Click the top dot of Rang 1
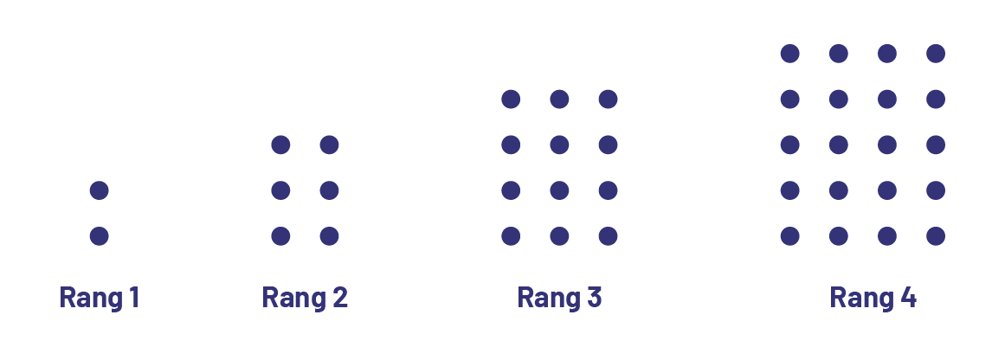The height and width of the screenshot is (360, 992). coord(100,190)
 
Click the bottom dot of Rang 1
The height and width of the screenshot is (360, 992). coord(100,235)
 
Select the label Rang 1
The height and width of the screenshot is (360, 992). coord(100,298)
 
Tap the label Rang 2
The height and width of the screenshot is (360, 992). coord(305,298)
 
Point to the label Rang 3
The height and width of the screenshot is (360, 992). coord(559,298)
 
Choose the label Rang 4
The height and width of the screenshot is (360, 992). coord(873,298)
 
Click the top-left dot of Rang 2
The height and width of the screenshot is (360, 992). coord(280,145)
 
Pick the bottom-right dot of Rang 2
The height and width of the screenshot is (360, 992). coord(329,235)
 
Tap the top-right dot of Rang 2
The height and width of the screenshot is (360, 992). coord(329,145)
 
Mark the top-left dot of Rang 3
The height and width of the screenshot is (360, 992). coord(511,100)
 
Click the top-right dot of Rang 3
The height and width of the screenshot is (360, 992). coord(608,100)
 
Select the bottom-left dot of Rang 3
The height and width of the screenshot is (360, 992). coord(511,235)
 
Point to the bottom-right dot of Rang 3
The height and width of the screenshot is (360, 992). coord(608,235)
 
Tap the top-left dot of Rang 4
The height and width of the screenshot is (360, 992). coord(789,54)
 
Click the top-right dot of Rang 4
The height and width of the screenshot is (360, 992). coord(936,54)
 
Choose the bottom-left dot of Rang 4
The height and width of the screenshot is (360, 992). coord(789,235)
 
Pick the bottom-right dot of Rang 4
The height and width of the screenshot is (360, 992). coord(936,235)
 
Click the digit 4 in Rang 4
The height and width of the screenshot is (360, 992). coord(907,298)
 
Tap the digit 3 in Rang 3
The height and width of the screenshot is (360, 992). coord(594,298)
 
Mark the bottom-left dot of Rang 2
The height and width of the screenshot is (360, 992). coord(280,235)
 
